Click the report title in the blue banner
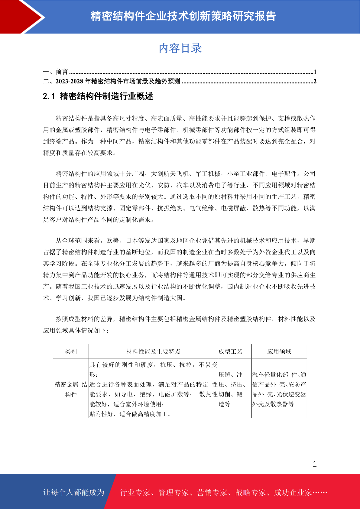click(183, 16)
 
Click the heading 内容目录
click(180, 48)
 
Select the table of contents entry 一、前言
click(56, 72)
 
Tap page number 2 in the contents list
click(315, 81)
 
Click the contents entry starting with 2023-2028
click(118, 81)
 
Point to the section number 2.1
click(49, 96)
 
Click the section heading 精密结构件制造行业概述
click(107, 96)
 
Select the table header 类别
click(71, 352)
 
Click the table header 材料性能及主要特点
click(153, 352)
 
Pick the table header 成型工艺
click(230, 352)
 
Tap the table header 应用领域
click(279, 352)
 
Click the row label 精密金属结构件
click(71, 389)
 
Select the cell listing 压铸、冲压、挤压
click(232, 389)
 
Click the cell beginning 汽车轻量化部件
click(279, 389)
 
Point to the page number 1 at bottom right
click(315, 464)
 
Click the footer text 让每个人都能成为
click(74, 492)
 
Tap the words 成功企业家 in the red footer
click(293, 493)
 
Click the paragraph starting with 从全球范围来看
click(179, 269)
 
